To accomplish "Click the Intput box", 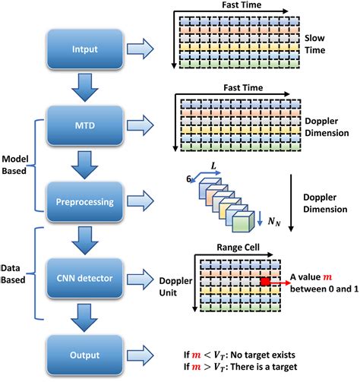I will coord(84,50).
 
